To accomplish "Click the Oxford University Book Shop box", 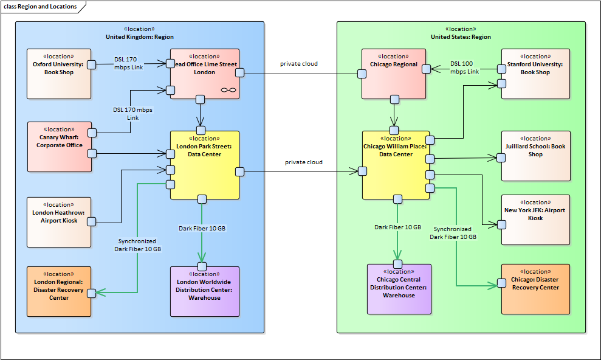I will coord(58,74).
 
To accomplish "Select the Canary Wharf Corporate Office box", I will coord(59,147).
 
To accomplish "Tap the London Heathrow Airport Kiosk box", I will coord(59,222).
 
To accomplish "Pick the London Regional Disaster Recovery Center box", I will coord(59,291).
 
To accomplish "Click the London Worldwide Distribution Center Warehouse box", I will coord(204,291).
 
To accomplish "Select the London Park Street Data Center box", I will coord(204,165).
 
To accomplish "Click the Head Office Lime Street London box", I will coord(204,74).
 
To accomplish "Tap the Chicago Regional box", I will coord(394,74).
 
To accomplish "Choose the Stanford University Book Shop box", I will coord(535,74).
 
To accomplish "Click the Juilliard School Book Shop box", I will coord(535,156).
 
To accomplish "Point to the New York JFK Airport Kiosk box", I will coord(535,220).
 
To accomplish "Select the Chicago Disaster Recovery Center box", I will coord(535,289).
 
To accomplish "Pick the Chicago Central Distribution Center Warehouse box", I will coord(399,289).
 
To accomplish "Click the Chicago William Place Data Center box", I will coord(396,165).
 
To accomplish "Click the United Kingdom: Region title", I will coord(139,37).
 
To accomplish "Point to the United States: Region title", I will coord(461,37).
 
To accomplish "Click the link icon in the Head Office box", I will coord(228,89).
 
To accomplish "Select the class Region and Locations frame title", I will coord(40,7).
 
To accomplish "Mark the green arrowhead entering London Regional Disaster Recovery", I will coord(101,293).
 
